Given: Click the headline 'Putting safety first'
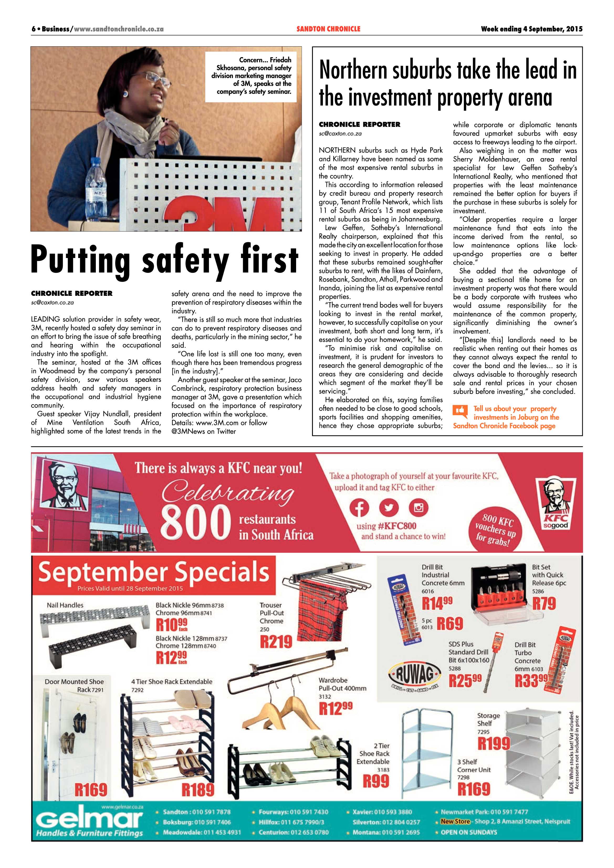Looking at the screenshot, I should [x=165, y=260].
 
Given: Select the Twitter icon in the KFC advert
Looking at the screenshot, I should [x=389, y=508].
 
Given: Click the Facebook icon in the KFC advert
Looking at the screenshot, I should [x=359, y=508].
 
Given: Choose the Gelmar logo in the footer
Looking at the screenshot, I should [x=90, y=823].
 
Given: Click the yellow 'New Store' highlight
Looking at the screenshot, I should [x=455, y=822].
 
